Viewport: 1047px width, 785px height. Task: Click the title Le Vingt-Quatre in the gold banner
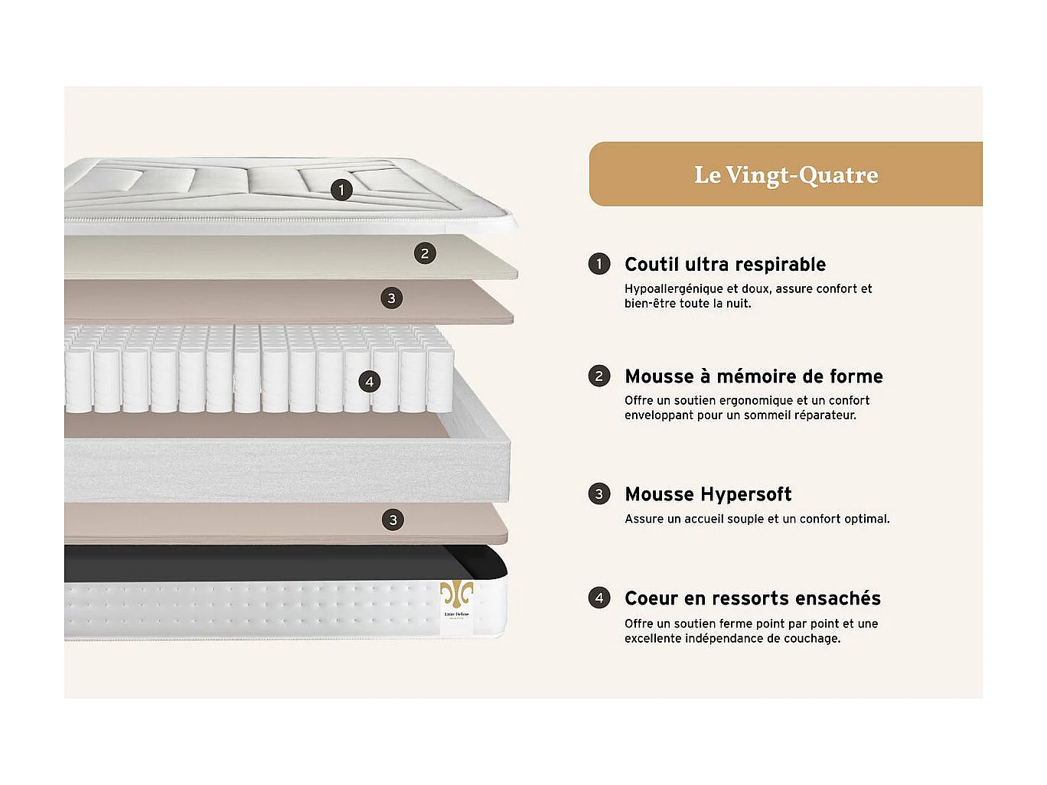[x=786, y=174]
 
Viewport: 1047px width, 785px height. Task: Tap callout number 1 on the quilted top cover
[x=341, y=190]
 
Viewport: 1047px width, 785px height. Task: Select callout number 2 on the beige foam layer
[x=425, y=253]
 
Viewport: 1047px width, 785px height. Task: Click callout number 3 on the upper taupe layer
[x=392, y=298]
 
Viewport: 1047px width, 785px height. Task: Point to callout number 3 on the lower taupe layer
[x=393, y=520]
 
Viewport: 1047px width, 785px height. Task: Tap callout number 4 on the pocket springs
[x=370, y=382]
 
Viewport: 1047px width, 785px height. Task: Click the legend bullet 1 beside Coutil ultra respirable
[x=599, y=264]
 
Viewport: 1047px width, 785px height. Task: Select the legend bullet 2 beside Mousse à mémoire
[x=599, y=376]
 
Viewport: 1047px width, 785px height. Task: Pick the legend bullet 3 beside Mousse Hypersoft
[x=599, y=493]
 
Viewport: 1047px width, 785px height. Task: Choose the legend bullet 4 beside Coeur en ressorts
[x=599, y=598]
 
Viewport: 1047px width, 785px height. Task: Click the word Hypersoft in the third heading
[x=746, y=494]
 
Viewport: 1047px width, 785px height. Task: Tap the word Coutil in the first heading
[x=651, y=264]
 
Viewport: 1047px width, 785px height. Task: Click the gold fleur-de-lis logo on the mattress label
[x=456, y=594]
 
